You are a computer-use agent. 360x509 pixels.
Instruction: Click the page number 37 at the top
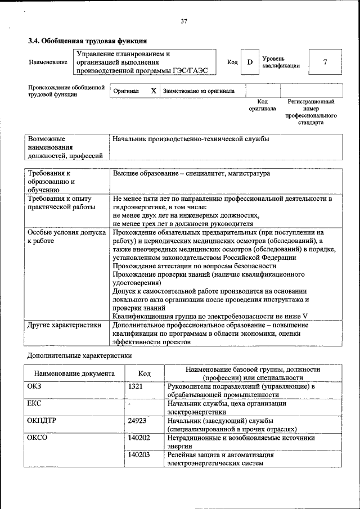(183, 21)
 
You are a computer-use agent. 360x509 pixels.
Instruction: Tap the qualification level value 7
(325, 62)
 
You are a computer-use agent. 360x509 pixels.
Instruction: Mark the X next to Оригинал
(153, 91)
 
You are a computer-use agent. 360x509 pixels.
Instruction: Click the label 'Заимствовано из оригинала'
(199, 91)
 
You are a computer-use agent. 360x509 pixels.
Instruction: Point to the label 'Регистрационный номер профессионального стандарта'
(310, 111)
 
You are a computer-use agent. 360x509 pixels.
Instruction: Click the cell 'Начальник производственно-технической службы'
(191, 138)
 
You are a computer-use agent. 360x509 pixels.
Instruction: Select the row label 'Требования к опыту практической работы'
(60, 203)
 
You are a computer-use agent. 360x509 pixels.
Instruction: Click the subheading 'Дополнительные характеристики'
(79, 356)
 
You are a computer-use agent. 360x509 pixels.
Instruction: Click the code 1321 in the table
(136, 386)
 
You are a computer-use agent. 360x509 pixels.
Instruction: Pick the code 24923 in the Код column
(137, 420)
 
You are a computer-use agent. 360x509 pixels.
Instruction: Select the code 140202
(139, 437)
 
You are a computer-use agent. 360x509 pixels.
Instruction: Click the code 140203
(139, 454)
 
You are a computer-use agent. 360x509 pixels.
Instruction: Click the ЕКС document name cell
(34, 403)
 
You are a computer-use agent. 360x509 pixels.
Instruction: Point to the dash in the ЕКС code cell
(129, 404)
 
